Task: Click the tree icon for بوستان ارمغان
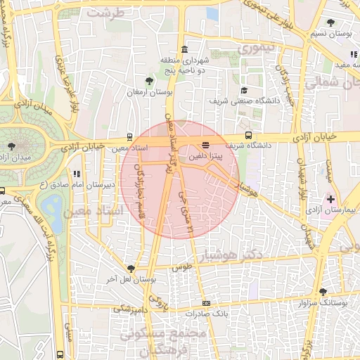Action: [x=148, y=81]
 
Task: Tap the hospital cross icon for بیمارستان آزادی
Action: [x=330, y=200]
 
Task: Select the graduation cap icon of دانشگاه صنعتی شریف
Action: [x=244, y=90]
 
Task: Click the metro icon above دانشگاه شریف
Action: [x=248, y=136]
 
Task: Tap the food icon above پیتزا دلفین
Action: [x=205, y=145]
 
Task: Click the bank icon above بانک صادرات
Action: [x=205, y=303]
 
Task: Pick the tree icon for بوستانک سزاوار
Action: [x=323, y=291]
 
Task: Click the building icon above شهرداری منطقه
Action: [x=184, y=49]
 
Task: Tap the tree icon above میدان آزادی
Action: [x=12, y=146]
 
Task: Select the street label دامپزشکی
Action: [x=134, y=308]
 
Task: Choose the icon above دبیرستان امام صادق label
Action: [x=76, y=173]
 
